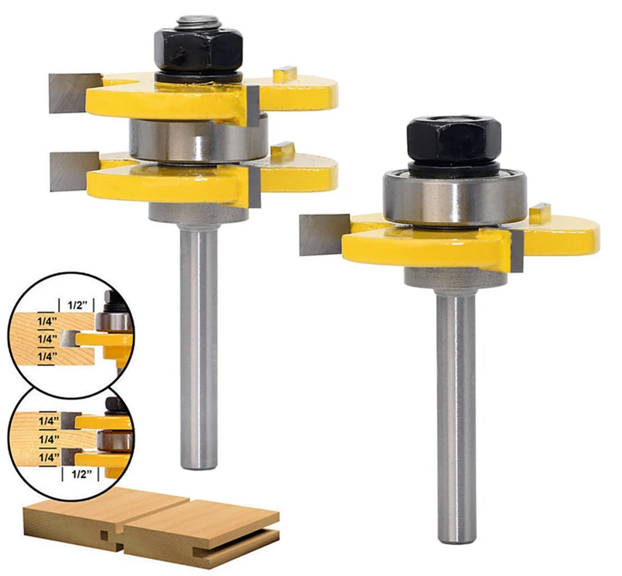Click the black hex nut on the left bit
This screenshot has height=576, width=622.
(198, 50)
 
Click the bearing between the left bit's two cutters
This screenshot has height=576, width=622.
(198, 139)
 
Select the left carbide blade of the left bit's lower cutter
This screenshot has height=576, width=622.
(74, 170)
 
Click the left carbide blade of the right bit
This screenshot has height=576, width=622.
(323, 234)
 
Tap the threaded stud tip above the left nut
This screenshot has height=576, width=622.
(198, 23)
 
